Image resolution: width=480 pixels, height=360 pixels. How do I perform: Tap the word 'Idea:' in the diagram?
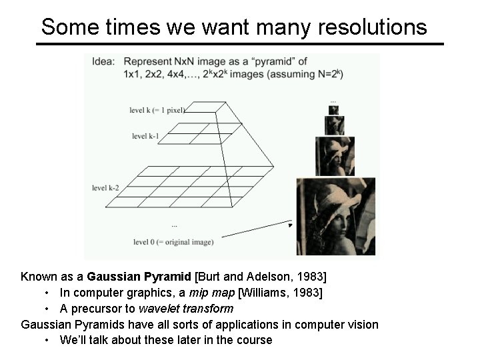point(105,61)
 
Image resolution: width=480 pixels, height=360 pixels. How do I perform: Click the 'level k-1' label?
point(146,137)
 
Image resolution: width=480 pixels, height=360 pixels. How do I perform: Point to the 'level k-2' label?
point(106,188)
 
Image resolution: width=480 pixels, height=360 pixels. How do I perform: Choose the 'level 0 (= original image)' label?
point(173,241)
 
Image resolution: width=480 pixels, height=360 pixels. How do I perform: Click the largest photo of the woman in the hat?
point(336,216)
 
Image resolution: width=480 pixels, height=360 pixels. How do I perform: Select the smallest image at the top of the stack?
point(333,110)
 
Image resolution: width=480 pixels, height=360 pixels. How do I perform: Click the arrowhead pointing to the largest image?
point(289,225)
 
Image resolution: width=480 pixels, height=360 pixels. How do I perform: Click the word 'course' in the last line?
point(253,340)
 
